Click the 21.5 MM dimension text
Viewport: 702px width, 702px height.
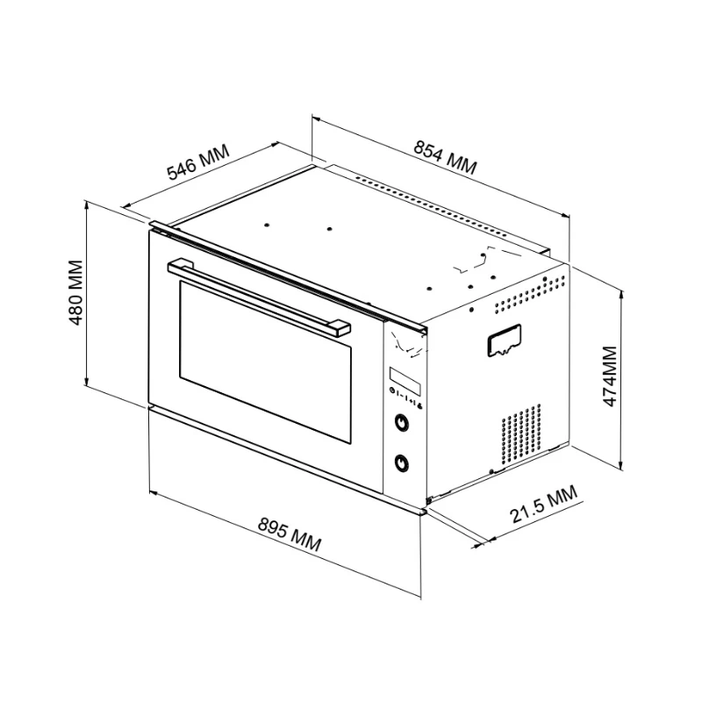click(545, 506)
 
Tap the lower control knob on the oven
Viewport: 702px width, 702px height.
click(403, 462)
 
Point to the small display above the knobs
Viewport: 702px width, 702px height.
click(405, 379)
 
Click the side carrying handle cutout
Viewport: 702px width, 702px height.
click(503, 340)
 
